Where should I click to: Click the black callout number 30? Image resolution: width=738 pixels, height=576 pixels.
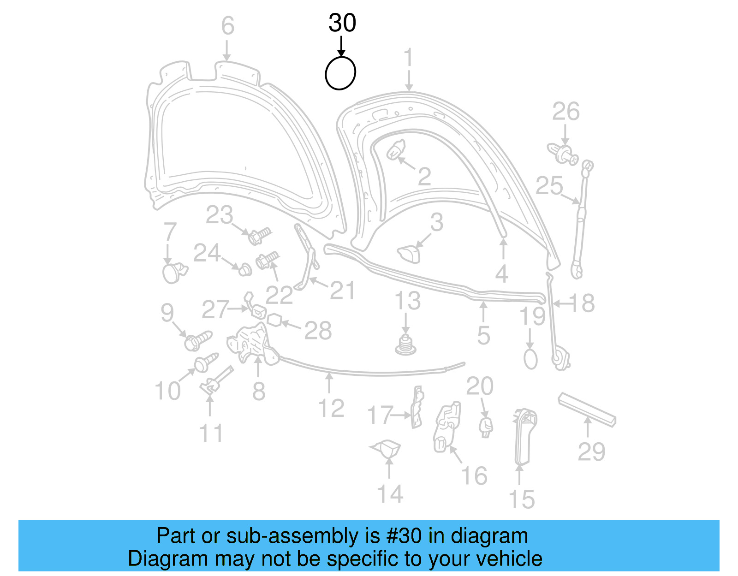tap(342, 23)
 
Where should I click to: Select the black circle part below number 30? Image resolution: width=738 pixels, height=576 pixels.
tap(340, 73)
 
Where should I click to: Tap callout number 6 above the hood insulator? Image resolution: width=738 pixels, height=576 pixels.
tap(227, 26)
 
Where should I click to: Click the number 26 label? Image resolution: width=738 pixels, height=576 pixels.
tap(565, 112)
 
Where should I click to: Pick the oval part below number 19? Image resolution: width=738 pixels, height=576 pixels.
tap(530, 359)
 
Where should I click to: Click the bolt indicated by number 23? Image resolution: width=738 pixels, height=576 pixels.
tap(259, 236)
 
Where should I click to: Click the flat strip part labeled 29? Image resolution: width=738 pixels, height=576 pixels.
tap(587, 409)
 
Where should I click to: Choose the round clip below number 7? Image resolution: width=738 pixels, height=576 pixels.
tap(173, 273)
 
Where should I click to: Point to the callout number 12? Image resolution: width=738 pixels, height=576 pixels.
tap(331, 409)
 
